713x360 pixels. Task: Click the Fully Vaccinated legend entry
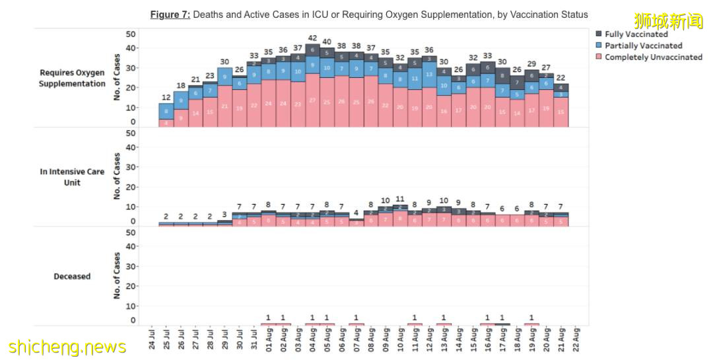636,34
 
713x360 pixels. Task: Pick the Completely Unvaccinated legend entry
653,57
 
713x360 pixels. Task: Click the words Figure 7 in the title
170,15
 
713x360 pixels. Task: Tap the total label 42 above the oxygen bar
312,38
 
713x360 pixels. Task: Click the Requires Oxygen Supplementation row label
72,78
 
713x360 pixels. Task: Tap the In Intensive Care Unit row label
72,177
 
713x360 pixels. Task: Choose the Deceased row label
72,276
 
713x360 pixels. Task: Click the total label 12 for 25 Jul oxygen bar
166,98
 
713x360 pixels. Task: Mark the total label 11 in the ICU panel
400,199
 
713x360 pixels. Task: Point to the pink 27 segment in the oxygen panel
312,103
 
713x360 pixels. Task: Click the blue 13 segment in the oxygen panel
429,75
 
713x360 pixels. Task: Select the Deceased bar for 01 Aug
269,324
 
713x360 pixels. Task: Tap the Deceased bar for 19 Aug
531,324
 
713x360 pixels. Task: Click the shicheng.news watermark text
67,347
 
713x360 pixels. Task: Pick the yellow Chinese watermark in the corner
669,20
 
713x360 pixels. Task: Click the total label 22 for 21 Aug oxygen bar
561,78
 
